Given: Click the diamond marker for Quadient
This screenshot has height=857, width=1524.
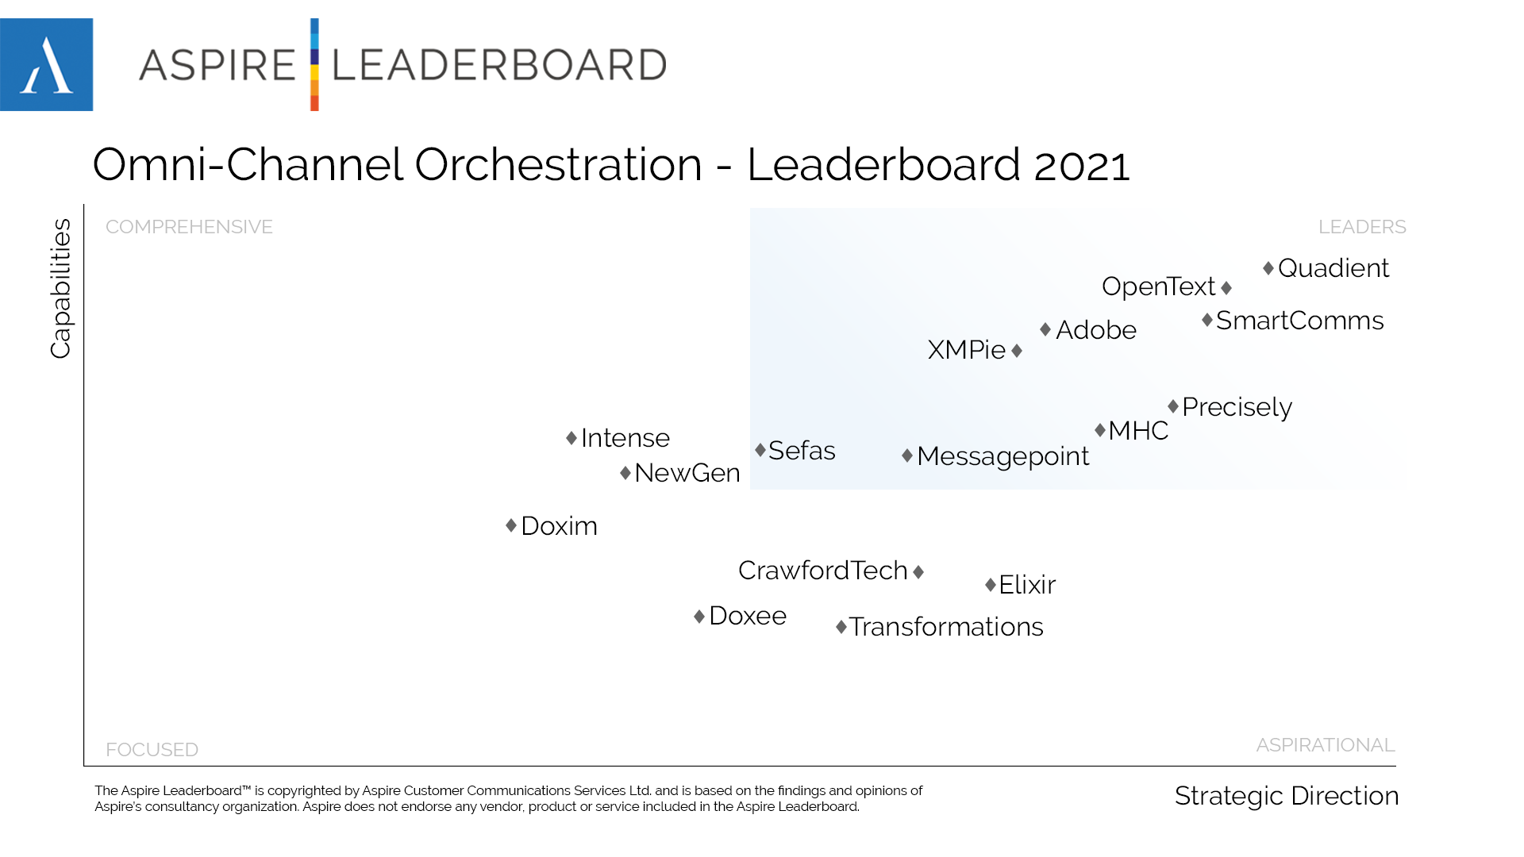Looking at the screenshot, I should [1268, 268].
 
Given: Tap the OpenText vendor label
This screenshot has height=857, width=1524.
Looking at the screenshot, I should [1158, 286].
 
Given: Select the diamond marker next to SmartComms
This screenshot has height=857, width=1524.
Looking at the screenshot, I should [1207, 320].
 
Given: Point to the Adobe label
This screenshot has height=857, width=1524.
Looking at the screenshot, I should [1095, 330].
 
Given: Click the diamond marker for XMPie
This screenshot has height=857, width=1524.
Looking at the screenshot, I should [1017, 350].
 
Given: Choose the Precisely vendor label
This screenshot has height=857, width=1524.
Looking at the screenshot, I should [1237, 407].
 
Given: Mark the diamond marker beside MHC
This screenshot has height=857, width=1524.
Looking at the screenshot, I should [1100, 430].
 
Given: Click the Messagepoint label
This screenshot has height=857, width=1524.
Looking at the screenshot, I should [1003, 456].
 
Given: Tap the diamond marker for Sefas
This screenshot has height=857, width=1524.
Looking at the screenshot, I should [760, 450].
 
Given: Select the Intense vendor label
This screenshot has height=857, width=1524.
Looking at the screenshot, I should [625, 438].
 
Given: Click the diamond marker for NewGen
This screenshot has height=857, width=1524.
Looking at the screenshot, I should [625, 473].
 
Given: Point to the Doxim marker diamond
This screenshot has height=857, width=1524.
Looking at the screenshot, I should [511, 525].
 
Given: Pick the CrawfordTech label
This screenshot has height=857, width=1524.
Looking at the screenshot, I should [822, 571].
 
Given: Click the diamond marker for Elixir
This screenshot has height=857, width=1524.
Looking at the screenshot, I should [991, 585].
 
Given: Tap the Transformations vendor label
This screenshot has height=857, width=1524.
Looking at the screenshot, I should [946, 627].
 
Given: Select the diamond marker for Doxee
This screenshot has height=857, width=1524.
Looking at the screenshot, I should [699, 617].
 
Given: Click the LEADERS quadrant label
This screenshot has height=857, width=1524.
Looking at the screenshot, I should [1362, 227].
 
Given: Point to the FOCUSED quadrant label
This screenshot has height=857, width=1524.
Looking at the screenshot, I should [152, 750].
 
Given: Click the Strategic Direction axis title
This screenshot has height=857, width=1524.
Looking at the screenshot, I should [1286, 796].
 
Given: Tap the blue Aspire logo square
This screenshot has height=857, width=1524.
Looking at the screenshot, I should [46, 64].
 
